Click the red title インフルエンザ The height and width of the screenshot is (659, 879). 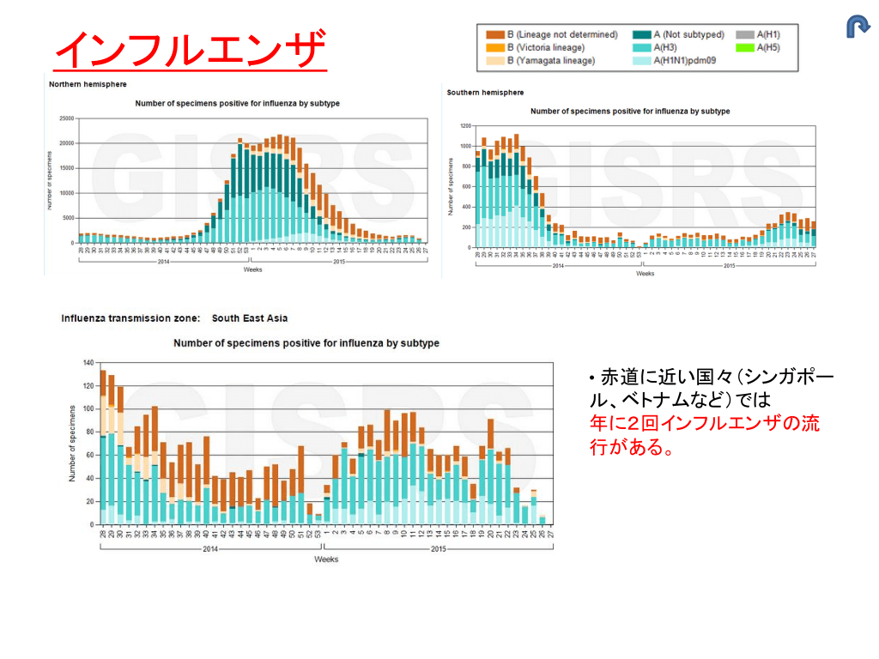(190, 50)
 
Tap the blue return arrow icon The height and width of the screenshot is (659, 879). (858, 27)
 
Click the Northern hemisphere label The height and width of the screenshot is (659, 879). (88, 84)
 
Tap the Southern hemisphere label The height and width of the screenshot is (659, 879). (485, 93)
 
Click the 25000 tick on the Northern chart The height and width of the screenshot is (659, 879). (64, 118)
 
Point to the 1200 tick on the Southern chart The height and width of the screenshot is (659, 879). (464, 126)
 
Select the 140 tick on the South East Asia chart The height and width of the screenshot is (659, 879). (87, 363)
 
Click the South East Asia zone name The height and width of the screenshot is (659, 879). (250, 318)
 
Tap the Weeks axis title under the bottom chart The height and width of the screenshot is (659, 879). (325, 559)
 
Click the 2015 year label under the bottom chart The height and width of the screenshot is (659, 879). (438, 548)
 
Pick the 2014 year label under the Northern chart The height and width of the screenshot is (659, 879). (162, 261)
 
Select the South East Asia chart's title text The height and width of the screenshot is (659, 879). (306, 343)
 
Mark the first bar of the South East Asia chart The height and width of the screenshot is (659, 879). (103, 447)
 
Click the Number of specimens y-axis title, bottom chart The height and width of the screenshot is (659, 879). (73, 443)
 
